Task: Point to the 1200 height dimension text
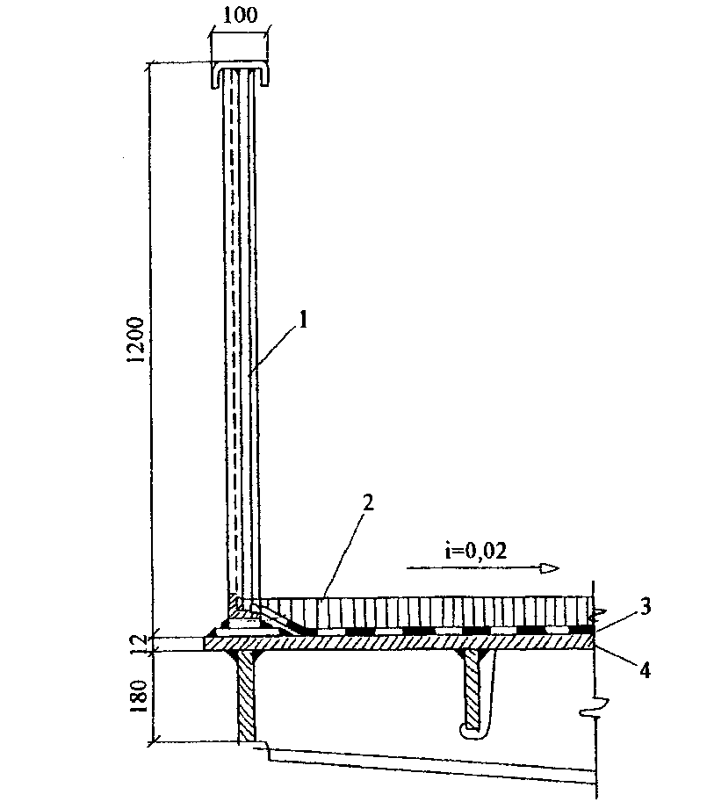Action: point(137,340)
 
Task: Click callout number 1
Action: point(304,320)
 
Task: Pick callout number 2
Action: point(367,502)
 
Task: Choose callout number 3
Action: point(646,607)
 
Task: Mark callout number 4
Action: point(645,670)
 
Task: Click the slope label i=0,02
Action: point(476,551)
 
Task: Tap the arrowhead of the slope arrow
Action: point(550,568)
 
